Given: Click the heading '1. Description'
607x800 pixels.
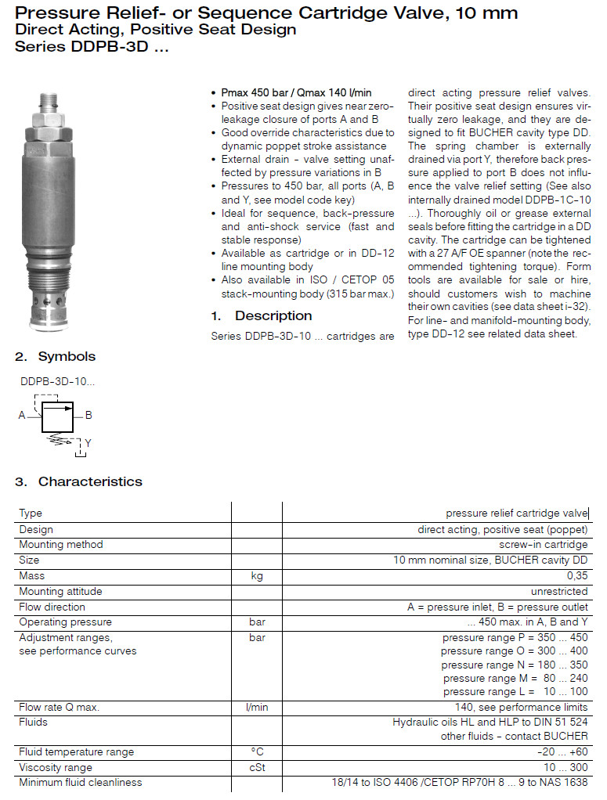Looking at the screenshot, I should (261, 315).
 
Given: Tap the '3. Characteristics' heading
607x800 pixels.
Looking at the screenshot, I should (78, 481).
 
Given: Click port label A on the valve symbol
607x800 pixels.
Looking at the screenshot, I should (22, 416).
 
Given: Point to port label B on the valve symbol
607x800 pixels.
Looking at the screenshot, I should (89, 416).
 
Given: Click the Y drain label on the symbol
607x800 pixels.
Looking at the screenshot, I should (88, 443).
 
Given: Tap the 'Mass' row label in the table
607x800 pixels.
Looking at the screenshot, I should (32, 575).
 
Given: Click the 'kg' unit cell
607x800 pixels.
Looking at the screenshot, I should (256, 575).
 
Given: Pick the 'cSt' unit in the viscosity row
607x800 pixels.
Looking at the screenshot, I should (256, 767).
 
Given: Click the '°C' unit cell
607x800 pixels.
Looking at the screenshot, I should (256, 751).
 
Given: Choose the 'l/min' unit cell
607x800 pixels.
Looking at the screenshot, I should (256, 707).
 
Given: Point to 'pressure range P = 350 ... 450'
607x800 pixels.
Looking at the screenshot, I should (515, 637).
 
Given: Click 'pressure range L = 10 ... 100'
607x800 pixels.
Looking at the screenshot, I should (515, 691).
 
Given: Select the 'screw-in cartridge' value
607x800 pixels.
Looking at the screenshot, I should (544, 544).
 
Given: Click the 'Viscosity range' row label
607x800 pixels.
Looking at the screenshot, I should (55, 767).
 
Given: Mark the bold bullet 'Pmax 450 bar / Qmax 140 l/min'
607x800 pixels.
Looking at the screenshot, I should (296, 92).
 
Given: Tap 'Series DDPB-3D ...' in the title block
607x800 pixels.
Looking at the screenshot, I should (92, 45).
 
